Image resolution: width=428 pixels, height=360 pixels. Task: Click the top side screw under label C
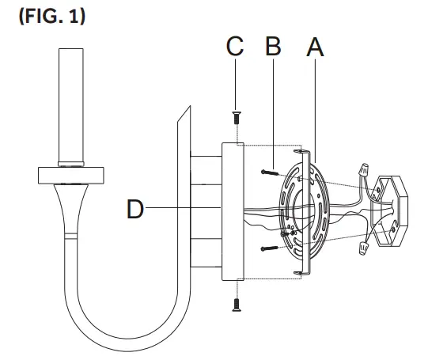pos(235,119)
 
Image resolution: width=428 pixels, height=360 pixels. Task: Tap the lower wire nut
pos(365,249)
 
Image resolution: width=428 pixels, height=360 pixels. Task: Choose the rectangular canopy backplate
pos(231,210)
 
